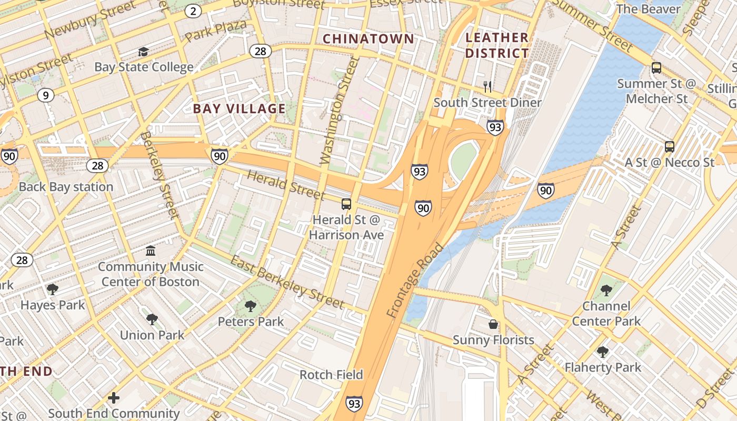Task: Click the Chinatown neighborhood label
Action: pos(368,39)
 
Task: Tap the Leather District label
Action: pos(497,45)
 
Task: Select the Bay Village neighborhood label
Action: pos(239,109)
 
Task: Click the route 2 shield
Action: pos(193,11)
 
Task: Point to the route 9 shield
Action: pos(46,95)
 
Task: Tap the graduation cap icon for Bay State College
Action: pos(143,52)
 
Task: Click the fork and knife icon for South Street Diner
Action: pos(487,86)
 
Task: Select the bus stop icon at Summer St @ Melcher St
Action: pos(656,67)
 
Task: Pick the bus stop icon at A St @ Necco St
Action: pos(669,147)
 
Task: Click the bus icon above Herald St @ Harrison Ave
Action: pos(346,204)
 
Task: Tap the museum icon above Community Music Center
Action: pos(151,250)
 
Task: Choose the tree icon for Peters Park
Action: pos(251,306)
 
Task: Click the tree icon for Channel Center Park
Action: pos(606,290)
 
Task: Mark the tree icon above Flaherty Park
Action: pos(602,352)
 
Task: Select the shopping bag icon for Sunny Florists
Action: pos(493,324)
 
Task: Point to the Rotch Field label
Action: pos(331,375)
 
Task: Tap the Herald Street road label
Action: pos(285,185)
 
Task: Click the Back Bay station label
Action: pos(66,187)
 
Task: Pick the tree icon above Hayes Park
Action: pos(52,289)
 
